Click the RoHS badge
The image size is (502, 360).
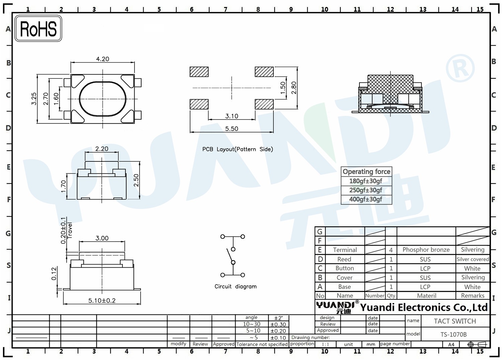pos(38,28)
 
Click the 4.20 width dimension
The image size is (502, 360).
pos(103,59)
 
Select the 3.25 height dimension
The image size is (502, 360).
pos(34,99)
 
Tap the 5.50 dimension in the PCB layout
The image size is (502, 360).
pos(232,129)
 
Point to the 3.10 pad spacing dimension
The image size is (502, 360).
pos(232,116)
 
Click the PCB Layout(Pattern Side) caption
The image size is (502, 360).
pos(238,149)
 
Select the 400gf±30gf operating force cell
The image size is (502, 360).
pos(366,199)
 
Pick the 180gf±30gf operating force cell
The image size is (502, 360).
pos(366,181)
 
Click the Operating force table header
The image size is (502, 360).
pos(366,171)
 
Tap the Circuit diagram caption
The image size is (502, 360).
pos(236,286)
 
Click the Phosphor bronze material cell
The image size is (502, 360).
pos(426,249)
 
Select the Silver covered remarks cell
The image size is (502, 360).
pos(473,259)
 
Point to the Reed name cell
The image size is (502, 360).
pos(344,259)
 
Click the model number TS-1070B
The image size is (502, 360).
pos(453,335)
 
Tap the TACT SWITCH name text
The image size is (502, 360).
pos(455,321)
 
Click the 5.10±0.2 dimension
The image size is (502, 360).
pos(102,301)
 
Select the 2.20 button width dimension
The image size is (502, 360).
pos(102,149)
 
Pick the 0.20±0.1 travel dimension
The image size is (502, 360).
pos(64,230)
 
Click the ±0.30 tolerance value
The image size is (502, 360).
pos(278,325)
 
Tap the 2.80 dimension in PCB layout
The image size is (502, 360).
pos(294,88)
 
